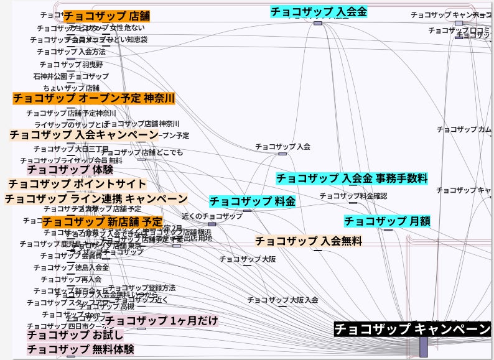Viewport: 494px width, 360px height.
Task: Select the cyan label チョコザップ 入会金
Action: tap(319, 11)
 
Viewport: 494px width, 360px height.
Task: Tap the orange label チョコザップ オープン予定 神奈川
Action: tap(94, 98)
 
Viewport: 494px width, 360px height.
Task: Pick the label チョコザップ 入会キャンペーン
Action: tap(84, 135)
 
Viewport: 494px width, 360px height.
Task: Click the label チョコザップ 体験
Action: tap(70, 169)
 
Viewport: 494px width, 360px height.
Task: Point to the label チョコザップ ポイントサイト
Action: tap(77, 184)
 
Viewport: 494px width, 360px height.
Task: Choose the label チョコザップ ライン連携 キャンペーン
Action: tap(96, 199)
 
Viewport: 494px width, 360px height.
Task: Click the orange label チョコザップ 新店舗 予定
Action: tap(103, 221)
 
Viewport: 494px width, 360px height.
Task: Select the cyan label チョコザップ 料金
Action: tap(253, 201)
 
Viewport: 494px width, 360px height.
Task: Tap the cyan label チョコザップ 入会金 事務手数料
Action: tap(352, 178)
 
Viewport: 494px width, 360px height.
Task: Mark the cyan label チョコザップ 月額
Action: tap(387, 221)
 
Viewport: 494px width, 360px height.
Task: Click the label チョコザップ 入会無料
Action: tap(309, 241)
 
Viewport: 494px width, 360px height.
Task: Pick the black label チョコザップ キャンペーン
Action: tap(412, 329)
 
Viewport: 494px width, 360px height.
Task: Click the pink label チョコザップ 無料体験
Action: tap(80, 349)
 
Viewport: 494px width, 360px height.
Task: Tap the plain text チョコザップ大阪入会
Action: tap(283, 300)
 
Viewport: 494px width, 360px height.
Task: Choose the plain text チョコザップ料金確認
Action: tap(353, 196)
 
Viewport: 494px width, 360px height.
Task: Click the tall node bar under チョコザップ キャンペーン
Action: tap(423, 347)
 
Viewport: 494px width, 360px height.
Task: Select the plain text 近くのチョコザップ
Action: tap(212, 216)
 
